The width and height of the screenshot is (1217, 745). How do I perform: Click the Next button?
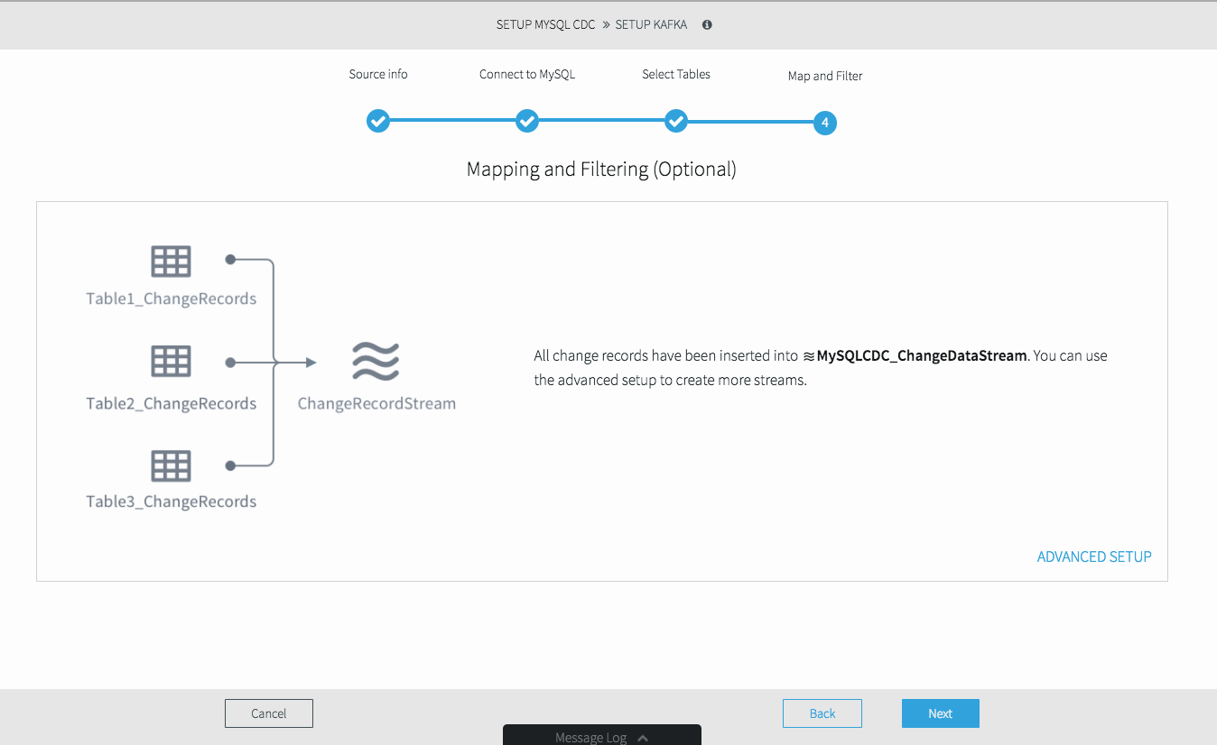[x=941, y=713]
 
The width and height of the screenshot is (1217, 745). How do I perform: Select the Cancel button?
[x=269, y=713]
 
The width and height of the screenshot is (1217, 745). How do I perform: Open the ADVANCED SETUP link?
[x=1094, y=556]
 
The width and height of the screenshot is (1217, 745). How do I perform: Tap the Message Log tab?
[x=602, y=736]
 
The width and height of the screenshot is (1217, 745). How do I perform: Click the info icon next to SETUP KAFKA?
[x=707, y=24]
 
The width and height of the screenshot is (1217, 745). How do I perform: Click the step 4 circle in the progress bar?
[x=825, y=123]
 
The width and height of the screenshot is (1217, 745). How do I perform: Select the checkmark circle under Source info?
[x=378, y=121]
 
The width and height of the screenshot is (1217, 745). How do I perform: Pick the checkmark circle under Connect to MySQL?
[x=527, y=121]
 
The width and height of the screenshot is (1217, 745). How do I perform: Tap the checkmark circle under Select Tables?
[x=676, y=121]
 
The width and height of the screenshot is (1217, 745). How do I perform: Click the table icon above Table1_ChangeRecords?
[x=171, y=262]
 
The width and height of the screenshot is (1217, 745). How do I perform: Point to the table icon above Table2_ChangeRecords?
[x=171, y=361]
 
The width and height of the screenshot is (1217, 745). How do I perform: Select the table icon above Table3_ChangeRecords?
[x=171, y=465]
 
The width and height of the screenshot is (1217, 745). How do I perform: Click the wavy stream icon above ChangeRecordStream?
[x=376, y=362]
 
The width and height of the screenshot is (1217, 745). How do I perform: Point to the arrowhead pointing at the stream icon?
[x=311, y=362]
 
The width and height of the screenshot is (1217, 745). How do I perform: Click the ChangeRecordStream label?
[x=376, y=403]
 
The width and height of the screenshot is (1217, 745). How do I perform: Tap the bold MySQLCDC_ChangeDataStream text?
[x=922, y=356]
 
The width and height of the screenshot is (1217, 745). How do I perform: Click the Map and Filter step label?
[x=825, y=76]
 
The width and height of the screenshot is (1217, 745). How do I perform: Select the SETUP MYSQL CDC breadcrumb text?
[x=545, y=24]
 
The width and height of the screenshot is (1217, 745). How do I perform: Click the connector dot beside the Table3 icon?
[x=230, y=465]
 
